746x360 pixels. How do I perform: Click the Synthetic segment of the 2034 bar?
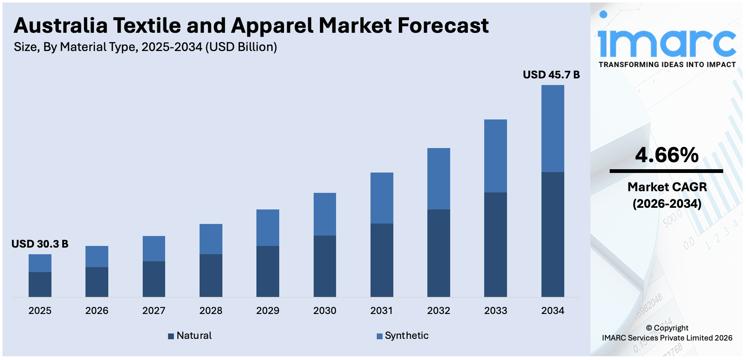[x=552, y=129]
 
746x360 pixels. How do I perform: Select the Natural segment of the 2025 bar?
[x=40, y=284]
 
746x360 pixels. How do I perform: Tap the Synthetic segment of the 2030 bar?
[x=324, y=214]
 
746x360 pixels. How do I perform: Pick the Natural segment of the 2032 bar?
[x=439, y=253]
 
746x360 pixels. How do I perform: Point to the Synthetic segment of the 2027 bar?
[x=154, y=248]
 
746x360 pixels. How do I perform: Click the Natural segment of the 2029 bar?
[x=268, y=271]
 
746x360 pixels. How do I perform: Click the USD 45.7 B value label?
[x=551, y=75]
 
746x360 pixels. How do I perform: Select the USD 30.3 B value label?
[x=40, y=244]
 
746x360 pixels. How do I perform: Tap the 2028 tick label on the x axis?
[x=211, y=311]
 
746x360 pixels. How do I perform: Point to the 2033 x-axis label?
[x=495, y=311]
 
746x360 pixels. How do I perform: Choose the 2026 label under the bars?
[x=97, y=311]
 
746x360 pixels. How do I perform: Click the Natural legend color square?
[x=171, y=336]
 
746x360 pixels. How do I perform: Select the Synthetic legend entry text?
[x=407, y=336]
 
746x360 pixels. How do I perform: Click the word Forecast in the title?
[x=443, y=26]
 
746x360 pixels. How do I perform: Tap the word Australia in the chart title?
[x=61, y=26]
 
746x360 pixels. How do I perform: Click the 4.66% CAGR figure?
[x=667, y=155]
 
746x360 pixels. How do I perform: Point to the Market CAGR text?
[x=667, y=187]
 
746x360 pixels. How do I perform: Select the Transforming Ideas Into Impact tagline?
[x=667, y=65]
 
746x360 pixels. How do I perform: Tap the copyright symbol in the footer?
[x=649, y=328]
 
